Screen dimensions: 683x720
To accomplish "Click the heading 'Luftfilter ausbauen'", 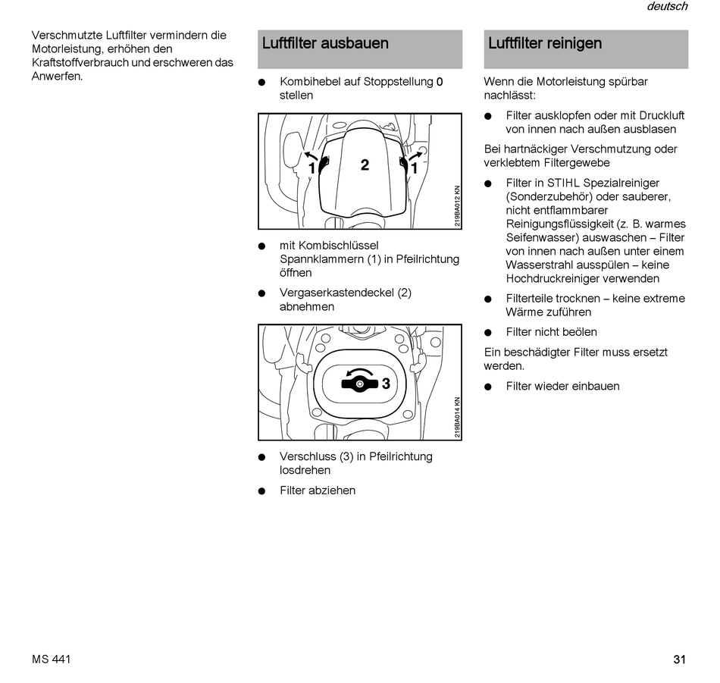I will click(x=325, y=43).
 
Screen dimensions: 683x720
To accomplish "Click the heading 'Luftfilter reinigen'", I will click(x=545, y=43).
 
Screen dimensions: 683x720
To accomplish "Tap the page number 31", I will click(x=679, y=660).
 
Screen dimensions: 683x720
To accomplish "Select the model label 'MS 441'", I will click(x=52, y=660).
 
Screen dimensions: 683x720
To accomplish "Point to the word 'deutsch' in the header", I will click(x=667, y=6).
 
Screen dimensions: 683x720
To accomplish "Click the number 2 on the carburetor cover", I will click(x=365, y=165).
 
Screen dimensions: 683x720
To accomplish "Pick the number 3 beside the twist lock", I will click(x=386, y=384).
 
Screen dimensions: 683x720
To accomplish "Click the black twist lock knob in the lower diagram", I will click(x=359, y=384).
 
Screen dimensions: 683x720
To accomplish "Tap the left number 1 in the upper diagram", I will click(x=311, y=168).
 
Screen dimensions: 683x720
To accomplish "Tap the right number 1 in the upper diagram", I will click(x=415, y=168).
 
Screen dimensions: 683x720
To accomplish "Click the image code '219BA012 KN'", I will click(x=457, y=207).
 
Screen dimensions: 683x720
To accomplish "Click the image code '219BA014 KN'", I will click(x=457, y=418).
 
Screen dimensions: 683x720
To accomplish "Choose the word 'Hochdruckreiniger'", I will click(x=553, y=278).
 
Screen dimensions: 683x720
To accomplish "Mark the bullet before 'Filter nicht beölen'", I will click(x=489, y=332).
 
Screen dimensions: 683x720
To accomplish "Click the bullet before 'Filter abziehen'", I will click(x=262, y=490).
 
